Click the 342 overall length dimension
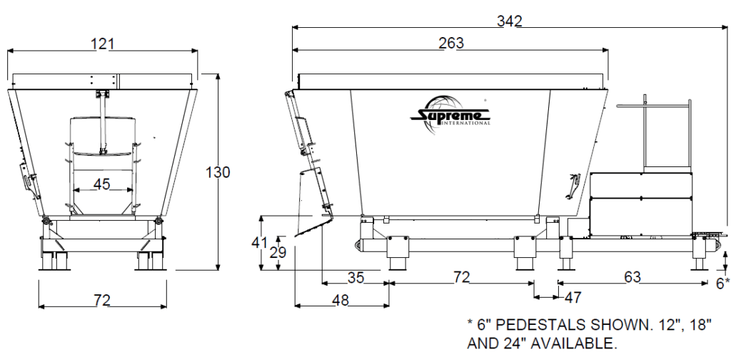coord(510,21)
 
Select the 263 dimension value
coord(450,43)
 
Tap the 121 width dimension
coord(102,44)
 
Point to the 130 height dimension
coord(218,172)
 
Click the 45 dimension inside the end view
coord(102,184)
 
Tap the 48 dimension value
coord(341,300)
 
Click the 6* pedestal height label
coord(722,283)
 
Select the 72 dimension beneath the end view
coord(102,301)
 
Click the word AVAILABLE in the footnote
coord(566,342)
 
